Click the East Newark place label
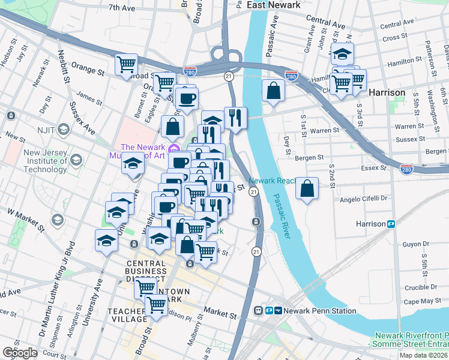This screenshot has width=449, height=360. click(x=273, y=5)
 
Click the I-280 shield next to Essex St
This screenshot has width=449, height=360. click(x=406, y=170)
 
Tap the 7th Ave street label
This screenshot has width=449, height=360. click(x=122, y=8)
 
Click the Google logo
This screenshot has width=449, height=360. click(x=20, y=353)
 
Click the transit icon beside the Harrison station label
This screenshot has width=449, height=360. click(x=391, y=224)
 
